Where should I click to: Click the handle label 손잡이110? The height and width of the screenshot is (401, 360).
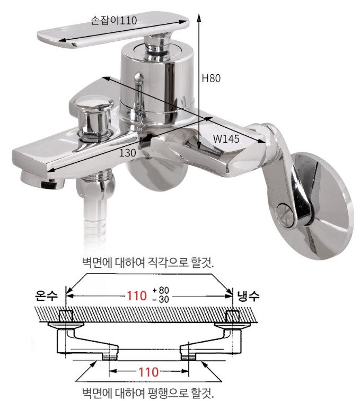point(114,21)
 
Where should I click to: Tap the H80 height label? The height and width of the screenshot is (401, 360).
point(211,78)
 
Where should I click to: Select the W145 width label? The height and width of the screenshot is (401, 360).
point(226,139)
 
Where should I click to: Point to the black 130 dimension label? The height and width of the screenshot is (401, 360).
point(128,153)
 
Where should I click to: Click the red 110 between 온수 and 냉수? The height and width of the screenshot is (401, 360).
point(137,296)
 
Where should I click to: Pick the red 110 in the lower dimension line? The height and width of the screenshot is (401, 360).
point(148,372)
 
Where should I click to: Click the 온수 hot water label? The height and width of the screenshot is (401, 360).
point(46,295)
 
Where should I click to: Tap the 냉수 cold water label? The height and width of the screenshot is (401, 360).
point(248,296)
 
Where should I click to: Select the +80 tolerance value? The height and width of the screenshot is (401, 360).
point(161,291)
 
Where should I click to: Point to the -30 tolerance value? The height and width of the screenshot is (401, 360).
point(161,299)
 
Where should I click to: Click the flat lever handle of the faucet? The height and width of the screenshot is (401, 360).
point(113,29)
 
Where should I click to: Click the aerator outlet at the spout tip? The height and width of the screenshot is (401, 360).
point(42,180)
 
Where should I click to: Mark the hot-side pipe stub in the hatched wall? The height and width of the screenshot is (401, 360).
point(66,316)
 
